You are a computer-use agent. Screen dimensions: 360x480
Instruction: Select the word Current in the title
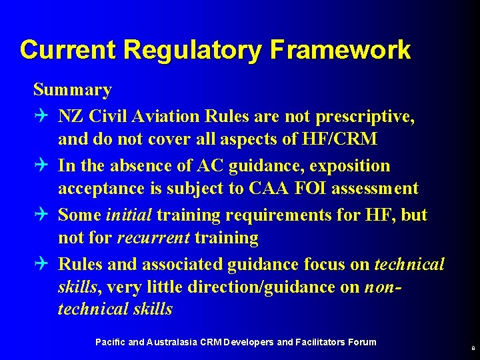68,50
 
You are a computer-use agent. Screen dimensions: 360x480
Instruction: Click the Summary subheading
73,89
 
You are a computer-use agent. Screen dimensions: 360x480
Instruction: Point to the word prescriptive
370,117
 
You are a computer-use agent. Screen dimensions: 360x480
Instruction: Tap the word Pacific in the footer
110,342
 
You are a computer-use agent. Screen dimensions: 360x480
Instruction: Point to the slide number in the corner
473,347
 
